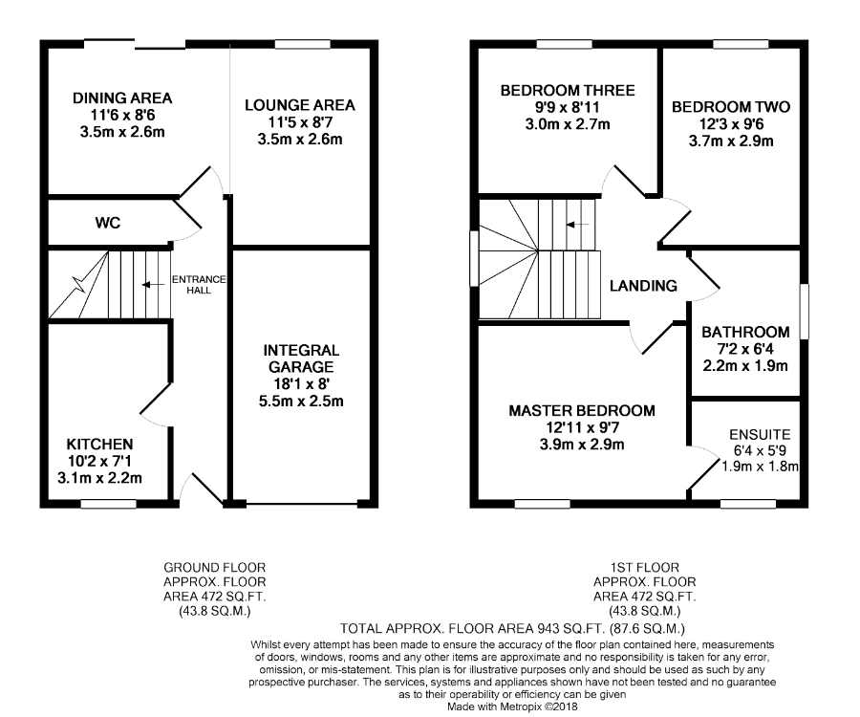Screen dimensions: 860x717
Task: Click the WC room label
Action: point(107,223)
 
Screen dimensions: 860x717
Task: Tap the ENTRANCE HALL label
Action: point(199,285)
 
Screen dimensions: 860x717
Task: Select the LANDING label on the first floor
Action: point(643,286)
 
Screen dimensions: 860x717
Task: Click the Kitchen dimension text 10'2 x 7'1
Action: point(99,461)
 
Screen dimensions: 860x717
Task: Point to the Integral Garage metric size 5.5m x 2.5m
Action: point(301,401)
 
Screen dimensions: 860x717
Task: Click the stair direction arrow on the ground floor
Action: point(153,285)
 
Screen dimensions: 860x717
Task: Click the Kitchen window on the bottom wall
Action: point(109,503)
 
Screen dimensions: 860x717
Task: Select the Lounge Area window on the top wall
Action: point(303,44)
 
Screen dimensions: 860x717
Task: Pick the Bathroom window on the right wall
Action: point(805,311)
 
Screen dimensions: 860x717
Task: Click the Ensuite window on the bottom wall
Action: point(747,503)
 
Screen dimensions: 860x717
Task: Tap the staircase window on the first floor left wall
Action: point(474,258)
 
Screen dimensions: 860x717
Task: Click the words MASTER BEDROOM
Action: point(582,411)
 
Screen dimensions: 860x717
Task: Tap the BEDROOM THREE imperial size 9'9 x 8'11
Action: point(568,107)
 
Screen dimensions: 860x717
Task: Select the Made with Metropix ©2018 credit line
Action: point(512,706)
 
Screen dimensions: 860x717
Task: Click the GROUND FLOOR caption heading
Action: point(214,568)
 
